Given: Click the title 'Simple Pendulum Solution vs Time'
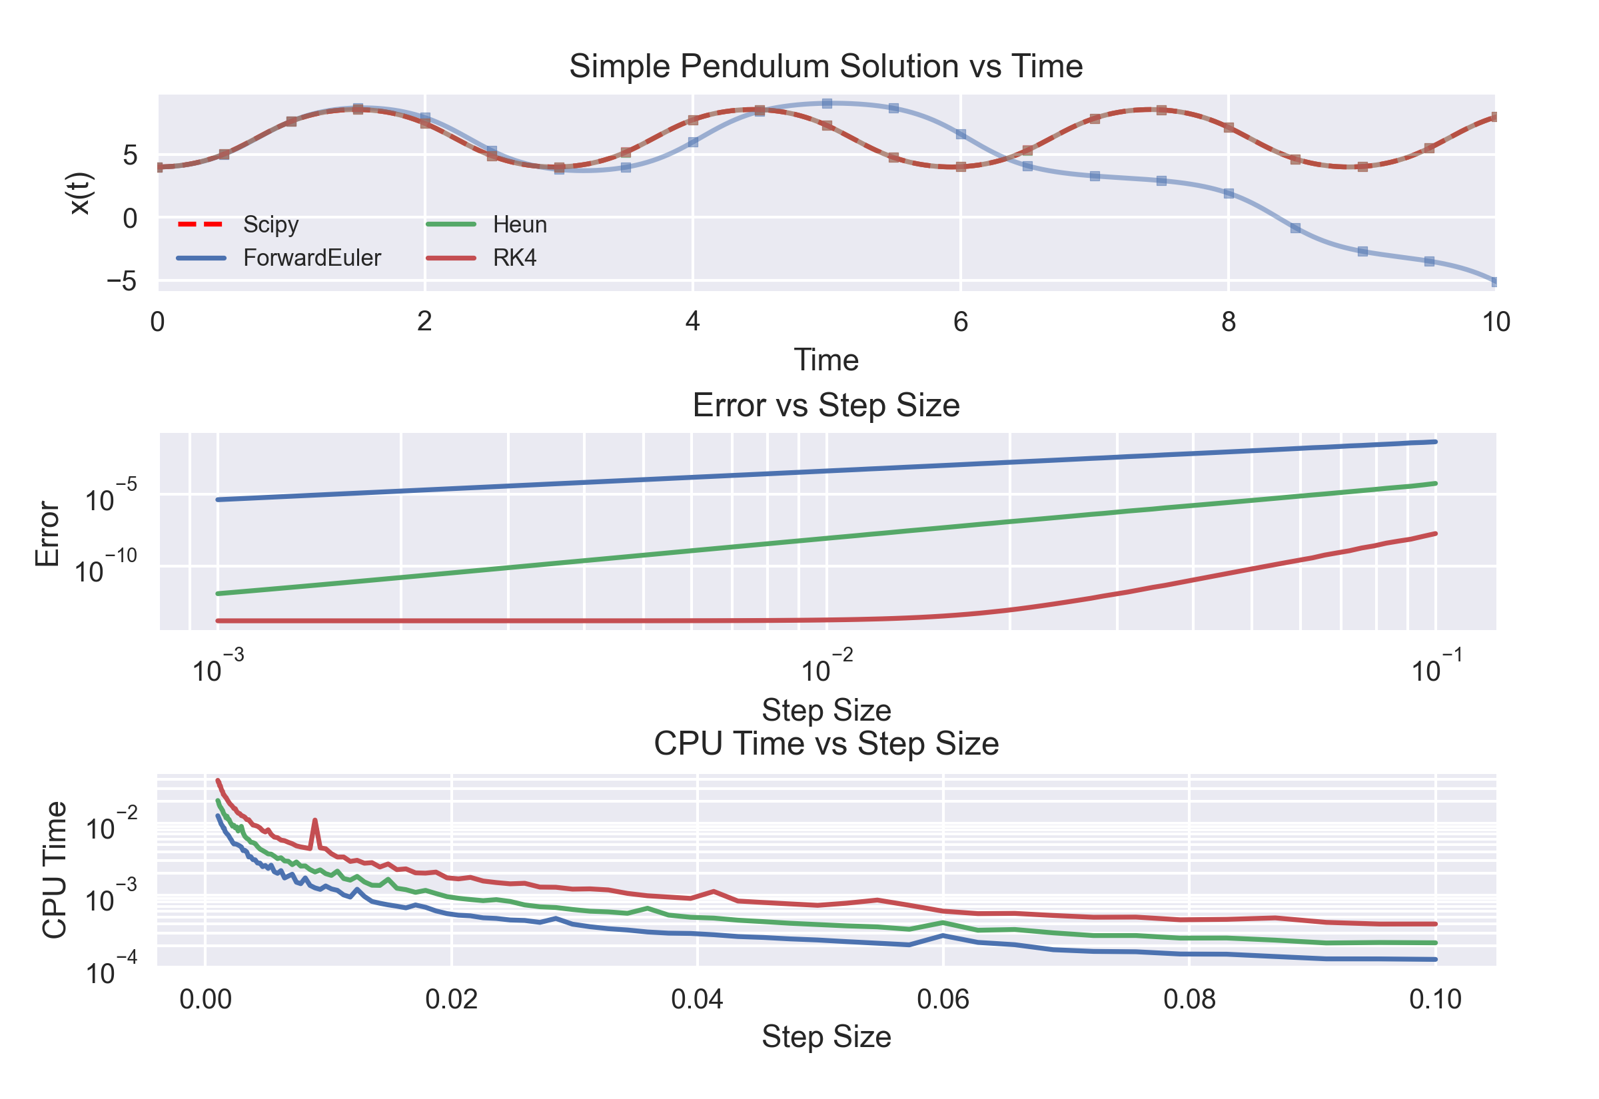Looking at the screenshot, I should click(x=825, y=67).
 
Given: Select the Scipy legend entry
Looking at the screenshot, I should click(x=270, y=224).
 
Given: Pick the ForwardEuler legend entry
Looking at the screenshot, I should click(x=311, y=258).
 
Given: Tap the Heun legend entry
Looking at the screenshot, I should click(x=519, y=224).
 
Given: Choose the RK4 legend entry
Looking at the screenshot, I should click(x=514, y=258).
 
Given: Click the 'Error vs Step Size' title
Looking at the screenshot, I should click(x=825, y=405).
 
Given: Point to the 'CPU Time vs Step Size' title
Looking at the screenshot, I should click(x=825, y=744).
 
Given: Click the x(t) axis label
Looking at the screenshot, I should click(x=79, y=194).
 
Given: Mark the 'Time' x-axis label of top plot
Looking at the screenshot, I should click(x=825, y=360).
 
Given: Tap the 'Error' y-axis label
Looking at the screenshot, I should click(x=47, y=534).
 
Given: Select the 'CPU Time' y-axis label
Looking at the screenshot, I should click(x=55, y=870).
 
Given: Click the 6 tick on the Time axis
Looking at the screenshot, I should click(x=961, y=322).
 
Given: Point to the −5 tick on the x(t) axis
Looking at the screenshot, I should click(x=121, y=281).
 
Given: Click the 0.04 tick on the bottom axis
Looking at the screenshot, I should click(x=697, y=999).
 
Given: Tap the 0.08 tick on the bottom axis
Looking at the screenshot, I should click(x=1189, y=999).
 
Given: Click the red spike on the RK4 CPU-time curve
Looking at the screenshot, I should click(x=314, y=821).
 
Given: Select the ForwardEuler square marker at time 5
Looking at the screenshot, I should click(x=827, y=103).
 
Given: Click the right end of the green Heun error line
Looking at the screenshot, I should click(x=1435, y=484).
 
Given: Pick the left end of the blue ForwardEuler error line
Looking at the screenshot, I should click(x=219, y=500).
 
